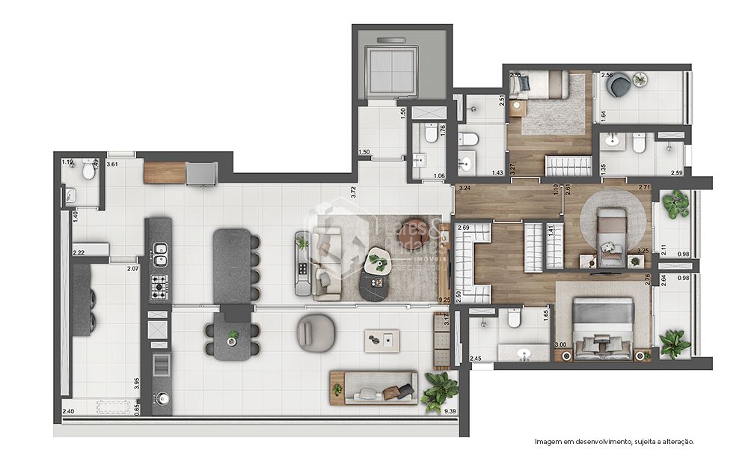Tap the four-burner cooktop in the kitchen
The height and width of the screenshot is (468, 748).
click(x=159, y=285)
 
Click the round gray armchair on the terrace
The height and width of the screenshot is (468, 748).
click(x=316, y=332)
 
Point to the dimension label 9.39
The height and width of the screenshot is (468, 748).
click(x=450, y=411)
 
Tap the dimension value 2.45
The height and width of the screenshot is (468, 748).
click(x=476, y=358)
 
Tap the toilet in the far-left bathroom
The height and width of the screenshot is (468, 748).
click(x=89, y=171)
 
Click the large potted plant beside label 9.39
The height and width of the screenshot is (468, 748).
click(x=440, y=392)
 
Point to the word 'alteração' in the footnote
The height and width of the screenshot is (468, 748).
click(x=675, y=442)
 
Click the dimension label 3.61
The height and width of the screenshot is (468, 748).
click(x=113, y=164)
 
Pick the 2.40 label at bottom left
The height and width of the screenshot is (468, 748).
click(x=68, y=411)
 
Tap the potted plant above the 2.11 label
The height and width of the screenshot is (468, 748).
click(x=676, y=204)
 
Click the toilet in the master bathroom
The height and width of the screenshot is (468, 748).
click(x=513, y=320)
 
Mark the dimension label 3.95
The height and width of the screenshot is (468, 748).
click(x=135, y=383)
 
